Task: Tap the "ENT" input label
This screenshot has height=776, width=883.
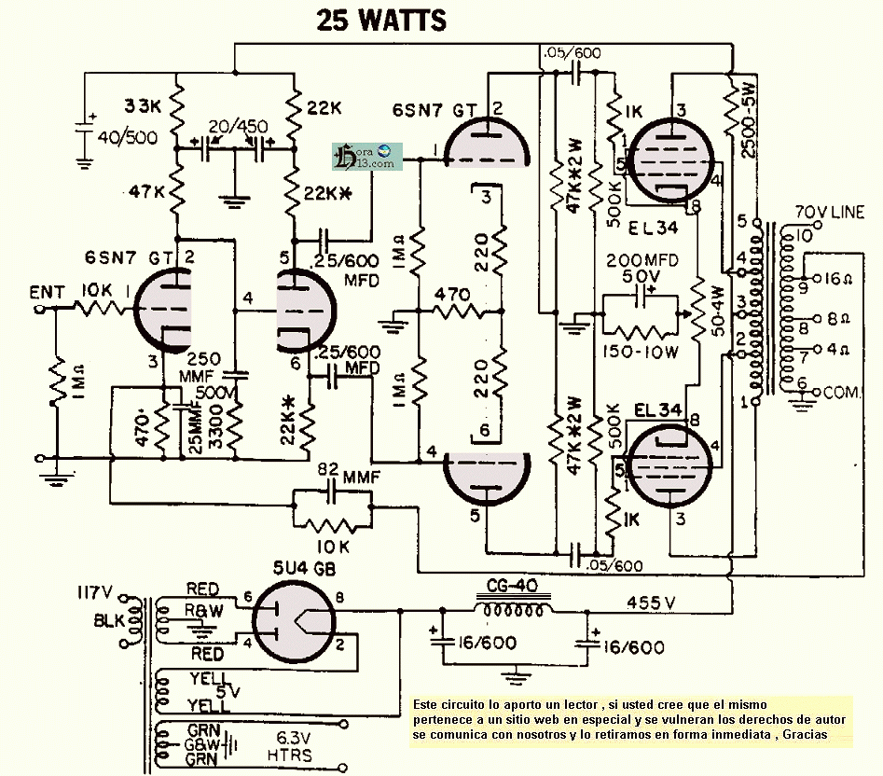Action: pos(46,293)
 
